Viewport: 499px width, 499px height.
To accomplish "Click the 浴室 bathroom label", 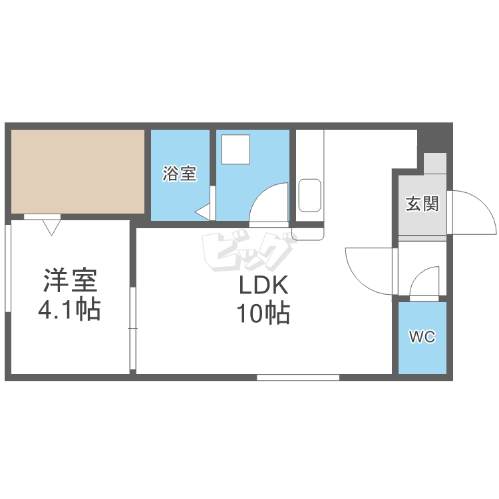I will coord(180,174).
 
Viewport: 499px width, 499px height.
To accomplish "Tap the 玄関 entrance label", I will coord(422,204).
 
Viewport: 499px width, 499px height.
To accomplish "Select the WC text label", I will coord(422,337).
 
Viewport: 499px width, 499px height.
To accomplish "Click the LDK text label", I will coord(263,286).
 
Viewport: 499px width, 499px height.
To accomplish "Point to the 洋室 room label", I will coord(70,281).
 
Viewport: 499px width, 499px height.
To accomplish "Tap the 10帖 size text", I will coord(263,313).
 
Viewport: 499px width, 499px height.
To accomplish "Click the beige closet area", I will coord(78,171).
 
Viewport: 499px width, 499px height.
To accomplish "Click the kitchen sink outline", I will coord(309,195).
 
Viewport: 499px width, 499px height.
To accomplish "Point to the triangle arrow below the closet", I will coord(51,228).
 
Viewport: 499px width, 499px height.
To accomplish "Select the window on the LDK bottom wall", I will coord(298,377).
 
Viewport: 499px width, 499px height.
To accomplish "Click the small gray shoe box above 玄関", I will coord(436,164).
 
